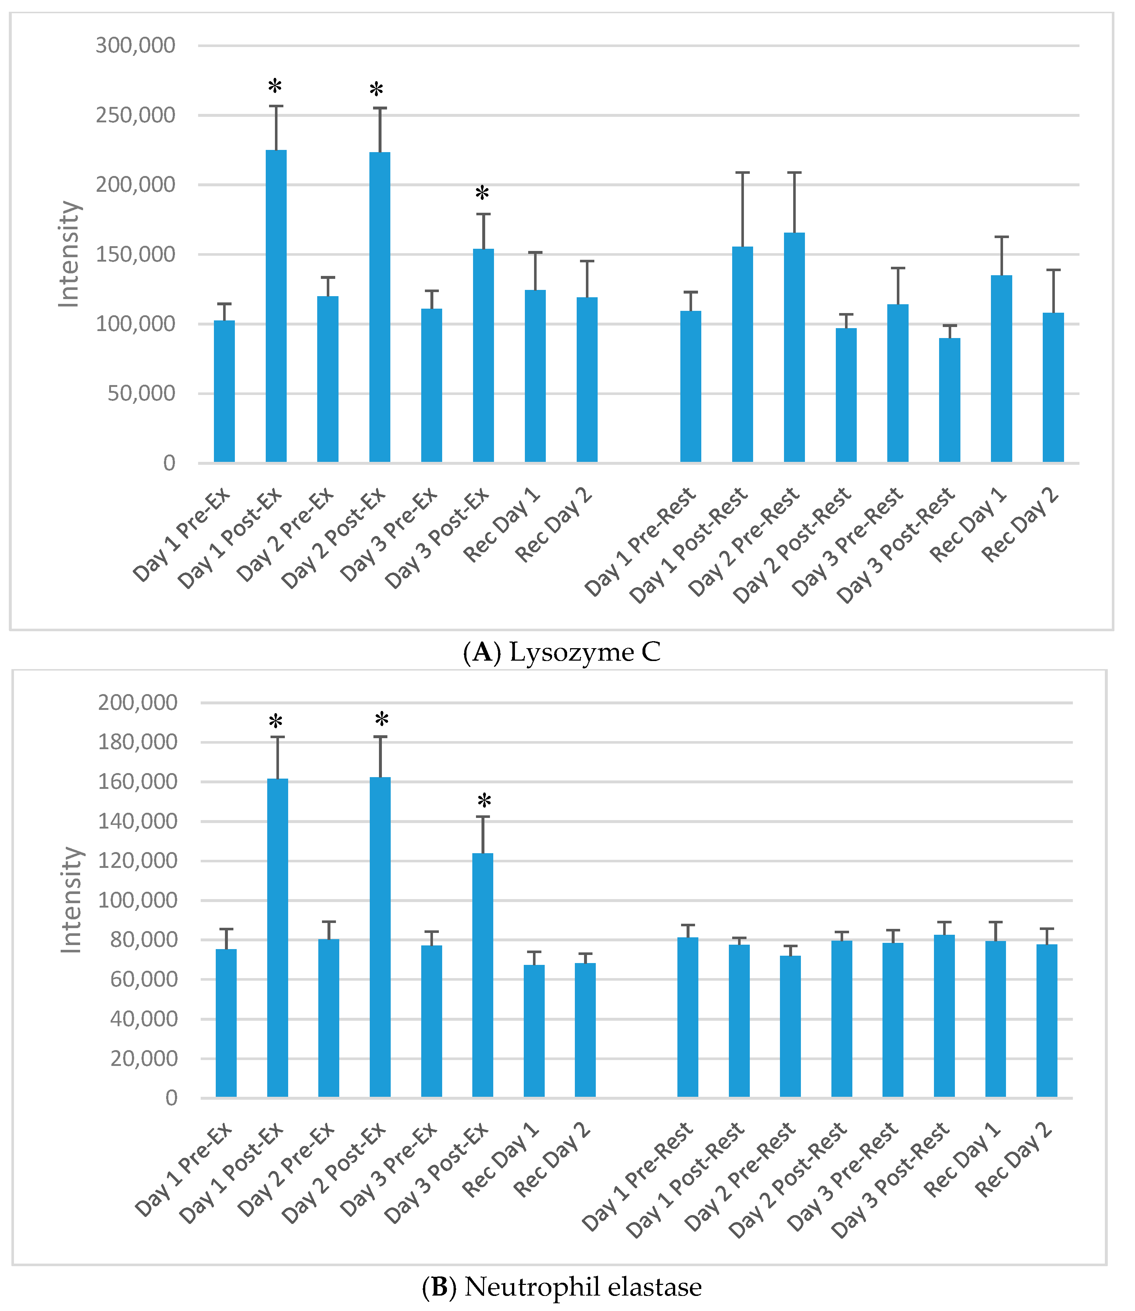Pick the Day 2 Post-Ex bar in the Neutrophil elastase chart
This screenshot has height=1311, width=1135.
pos(380,937)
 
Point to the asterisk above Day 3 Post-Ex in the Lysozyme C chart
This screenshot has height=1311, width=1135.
pos(483,193)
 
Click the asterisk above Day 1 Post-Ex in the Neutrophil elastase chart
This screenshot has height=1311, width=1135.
pos(276,722)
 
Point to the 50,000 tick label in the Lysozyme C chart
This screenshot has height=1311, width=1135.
pos(141,393)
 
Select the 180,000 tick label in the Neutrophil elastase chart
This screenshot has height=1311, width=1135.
pos(137,742)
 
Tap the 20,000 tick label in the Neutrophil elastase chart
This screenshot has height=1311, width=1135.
pos(144,1059)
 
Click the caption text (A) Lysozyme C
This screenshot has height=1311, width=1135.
pos(562,652)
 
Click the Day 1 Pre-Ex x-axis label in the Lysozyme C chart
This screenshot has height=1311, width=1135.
pos(182,535)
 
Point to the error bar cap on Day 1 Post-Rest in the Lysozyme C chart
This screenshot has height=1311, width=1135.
pos(742,172)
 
